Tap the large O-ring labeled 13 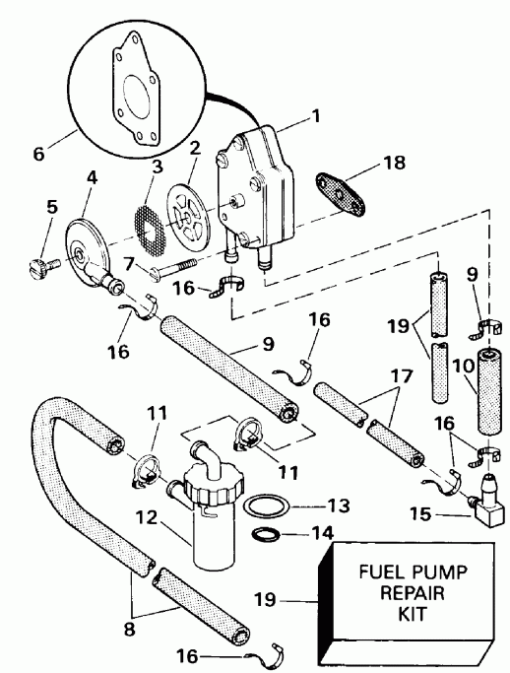coord(271,506)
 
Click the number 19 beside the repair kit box coord(292,597)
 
